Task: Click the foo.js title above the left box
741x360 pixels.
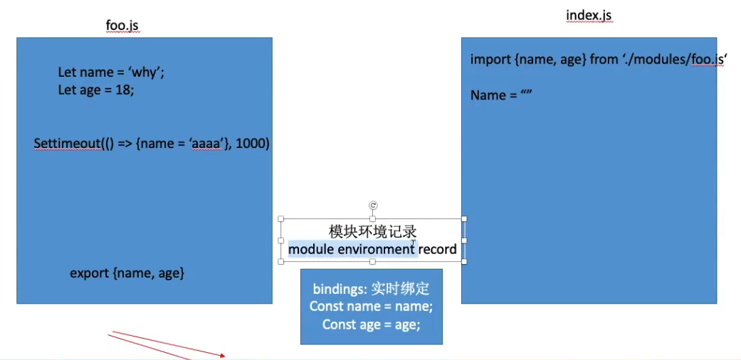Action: click(122, 26)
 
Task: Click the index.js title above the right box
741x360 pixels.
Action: click(589, 16)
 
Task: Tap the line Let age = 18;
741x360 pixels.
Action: click(96, 90)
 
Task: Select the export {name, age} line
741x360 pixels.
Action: click(127, 272)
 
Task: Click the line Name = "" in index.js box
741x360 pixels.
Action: click(502, 95)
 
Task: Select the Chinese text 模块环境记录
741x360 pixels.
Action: click(372, 232)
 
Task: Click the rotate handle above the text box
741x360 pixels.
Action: click(372, 206)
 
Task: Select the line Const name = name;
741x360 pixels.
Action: click(371, 307)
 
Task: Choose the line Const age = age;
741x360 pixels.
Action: click(371, 324)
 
